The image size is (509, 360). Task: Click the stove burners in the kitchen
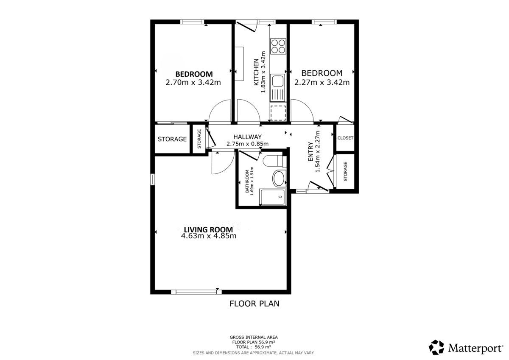coord(278,46)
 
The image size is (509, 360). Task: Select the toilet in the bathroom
coord(272,162)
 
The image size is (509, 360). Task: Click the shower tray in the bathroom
coord(273,198)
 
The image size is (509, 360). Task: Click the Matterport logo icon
coord(436,347)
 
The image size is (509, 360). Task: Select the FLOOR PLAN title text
coord(254,304)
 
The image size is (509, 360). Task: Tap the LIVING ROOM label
coord(208,229)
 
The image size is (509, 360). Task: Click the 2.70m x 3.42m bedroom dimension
coord(193,82)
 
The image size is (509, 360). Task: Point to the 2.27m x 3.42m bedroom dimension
coord(322,82)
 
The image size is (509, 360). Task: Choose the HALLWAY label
coord(247,137)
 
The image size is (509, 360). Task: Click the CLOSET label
coord(345,138)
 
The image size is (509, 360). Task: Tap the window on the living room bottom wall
coord(196,292)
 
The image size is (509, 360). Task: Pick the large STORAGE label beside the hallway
coord(172,139)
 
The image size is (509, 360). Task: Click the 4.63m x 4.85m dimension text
coord(208,236)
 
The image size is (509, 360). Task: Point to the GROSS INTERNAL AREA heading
coord(254,337)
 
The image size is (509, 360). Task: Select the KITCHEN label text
coord(256,72)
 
